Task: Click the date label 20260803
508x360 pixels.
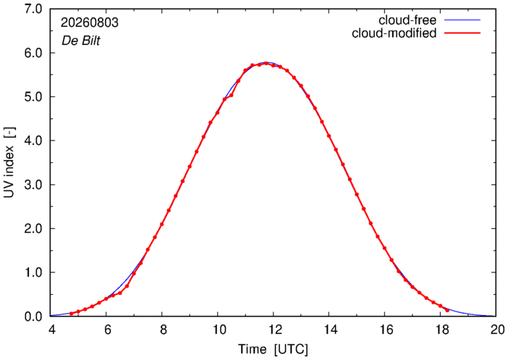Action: coord(90,22)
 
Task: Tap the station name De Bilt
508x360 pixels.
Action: coord(80,41)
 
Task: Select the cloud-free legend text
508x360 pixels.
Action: coord(407,20)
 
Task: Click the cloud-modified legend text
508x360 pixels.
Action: coord(394,33)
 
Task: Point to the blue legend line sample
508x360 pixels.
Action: coord(462,20)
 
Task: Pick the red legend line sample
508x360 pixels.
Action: coord(462,33)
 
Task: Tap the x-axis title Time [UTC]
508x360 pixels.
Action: coord(273,349)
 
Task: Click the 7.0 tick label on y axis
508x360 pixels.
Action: coord(33,9)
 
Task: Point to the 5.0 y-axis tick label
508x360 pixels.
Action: coord(33,97)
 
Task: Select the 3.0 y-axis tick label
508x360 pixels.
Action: coord(33,185)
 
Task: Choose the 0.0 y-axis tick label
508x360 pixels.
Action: coord(33,317)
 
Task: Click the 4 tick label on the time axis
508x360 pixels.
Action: coord(51,330)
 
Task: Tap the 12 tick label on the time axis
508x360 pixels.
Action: coord(273,330)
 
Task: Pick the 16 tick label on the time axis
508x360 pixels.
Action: coord(384,330)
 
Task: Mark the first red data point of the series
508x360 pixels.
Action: coord(71,314)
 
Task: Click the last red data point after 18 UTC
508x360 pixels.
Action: coord(447,310)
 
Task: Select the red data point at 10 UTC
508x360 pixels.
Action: coord(217,113)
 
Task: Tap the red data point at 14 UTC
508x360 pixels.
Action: coord(329,136)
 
